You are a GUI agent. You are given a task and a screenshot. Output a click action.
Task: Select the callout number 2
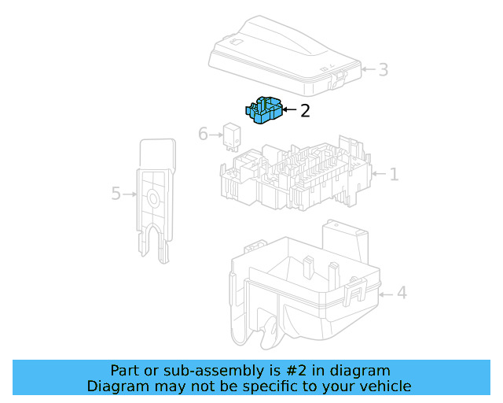(x=305, y=111)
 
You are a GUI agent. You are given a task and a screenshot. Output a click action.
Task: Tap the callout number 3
(x=383, y=70)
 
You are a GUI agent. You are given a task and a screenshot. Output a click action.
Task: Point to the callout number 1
(x=394, y=174)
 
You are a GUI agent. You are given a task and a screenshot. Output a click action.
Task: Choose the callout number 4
(x=402, y=294)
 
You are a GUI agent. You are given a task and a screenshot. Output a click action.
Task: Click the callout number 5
(x=116, y=193)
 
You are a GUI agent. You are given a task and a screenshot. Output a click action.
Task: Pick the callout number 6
(x=203, y=134)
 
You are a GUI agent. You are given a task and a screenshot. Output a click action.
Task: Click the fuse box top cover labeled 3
(x=283, y=51)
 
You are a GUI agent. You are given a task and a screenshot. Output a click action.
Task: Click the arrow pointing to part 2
(x=288, y=111)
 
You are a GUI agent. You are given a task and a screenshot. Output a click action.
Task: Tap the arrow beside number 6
(x=216, y=135)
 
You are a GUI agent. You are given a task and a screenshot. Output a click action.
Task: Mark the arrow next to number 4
(x=386, y=294)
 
